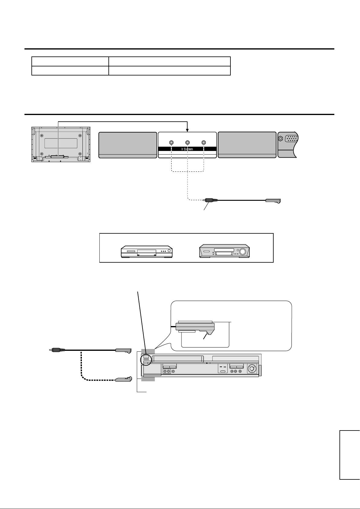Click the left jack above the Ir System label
coord(171,142)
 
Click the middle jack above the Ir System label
coord(188,142)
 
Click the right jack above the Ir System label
coord(204,142)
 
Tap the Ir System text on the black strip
coord(187,149)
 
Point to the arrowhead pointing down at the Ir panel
coord(188,130)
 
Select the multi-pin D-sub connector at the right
coord(291,139)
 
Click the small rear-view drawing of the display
coord(60,145)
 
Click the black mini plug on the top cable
coord(209,200)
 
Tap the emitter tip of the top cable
coord(274,200)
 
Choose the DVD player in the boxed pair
coord(146,251)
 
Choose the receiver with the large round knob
coord(224,251)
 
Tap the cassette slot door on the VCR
coord(178,359)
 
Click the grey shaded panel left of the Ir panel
coord(127,145)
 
